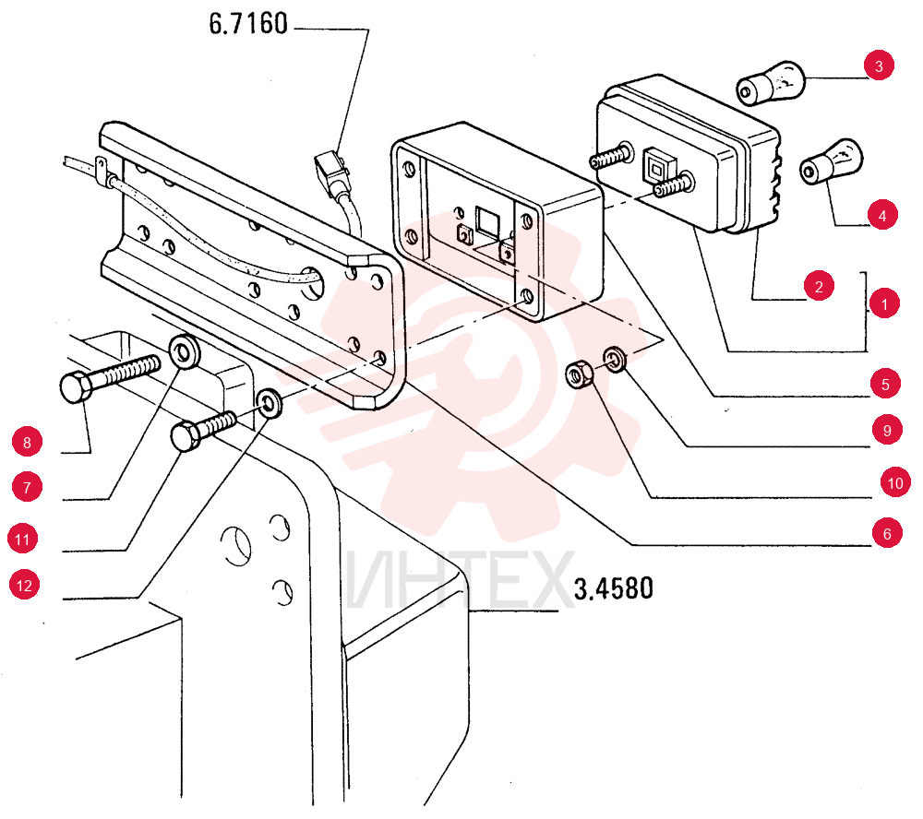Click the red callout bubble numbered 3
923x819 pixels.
[x=879, y=65]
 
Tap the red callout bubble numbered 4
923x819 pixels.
[x=882, y=215]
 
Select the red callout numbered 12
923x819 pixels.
[x=25, y=585]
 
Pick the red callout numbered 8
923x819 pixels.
[x=27, y=442]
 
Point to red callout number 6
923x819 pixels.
[x=887, y=533]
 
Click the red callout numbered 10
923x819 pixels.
[x=895, y=482]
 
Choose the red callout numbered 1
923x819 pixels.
[x=884, y=303]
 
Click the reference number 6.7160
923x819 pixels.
[x=248, y=24]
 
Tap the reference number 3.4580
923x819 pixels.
[x=614, y=588]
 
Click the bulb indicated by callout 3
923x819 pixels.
[x=771, y=83]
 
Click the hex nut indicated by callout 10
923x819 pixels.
[x=581, y=375]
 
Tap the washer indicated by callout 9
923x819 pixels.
[x=615, y=359]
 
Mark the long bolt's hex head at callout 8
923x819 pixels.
[x=76, y=387]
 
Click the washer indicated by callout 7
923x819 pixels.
[x=185, y=351]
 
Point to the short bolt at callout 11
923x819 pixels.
[x=204, y=431]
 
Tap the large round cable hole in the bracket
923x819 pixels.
[x=312, y=282]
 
